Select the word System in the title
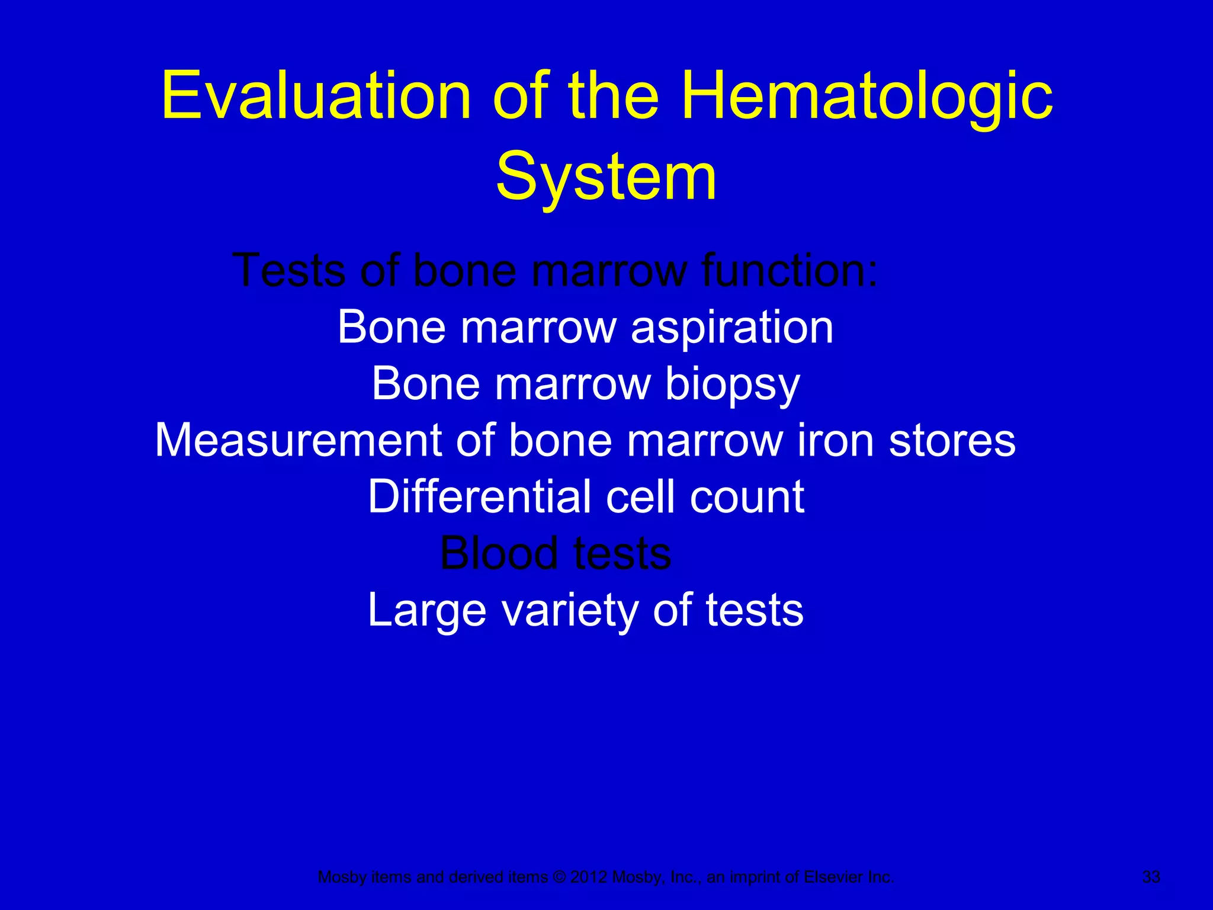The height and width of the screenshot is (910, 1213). [606, 177]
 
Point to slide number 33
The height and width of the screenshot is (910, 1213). [1151, 877]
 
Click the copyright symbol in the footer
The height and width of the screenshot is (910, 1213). [559, 877]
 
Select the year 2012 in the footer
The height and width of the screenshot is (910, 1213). [589, 877]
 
